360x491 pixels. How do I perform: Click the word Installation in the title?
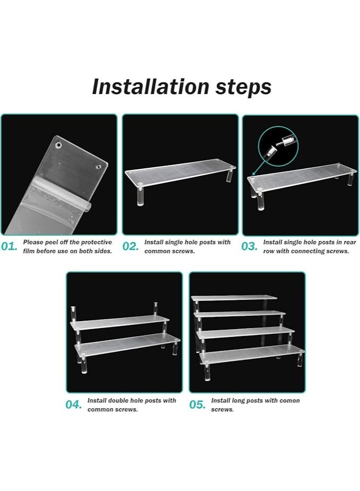pyautogui.click(x=151, y=87)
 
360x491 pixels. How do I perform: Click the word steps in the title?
pyautogui.click(x=243, y=88)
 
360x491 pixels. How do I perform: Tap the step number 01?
pyautogui.click(x=9, y=246)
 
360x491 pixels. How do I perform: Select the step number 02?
pyautogui.click(x=130, y=246)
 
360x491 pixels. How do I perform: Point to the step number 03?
pyautogui.click(x=249, y=246)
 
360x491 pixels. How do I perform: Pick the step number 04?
pyautogui.click(x=74, y=404)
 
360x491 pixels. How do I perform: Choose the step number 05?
pyautogui.click(x=198, y=404)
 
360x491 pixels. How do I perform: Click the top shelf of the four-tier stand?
pyautogui.click(x=234, y=297)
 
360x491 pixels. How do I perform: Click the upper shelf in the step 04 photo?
pyautogui.click(x=119, y=323)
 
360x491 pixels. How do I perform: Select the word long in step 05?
pyautogui.click(x=237, y=401)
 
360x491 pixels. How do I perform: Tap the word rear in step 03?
pyautogui.click(x=350, y=243)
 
